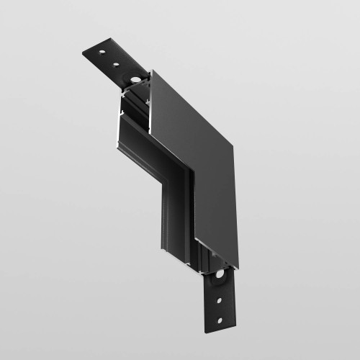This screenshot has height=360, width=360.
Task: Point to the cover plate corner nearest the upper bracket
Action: click(152, 71)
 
